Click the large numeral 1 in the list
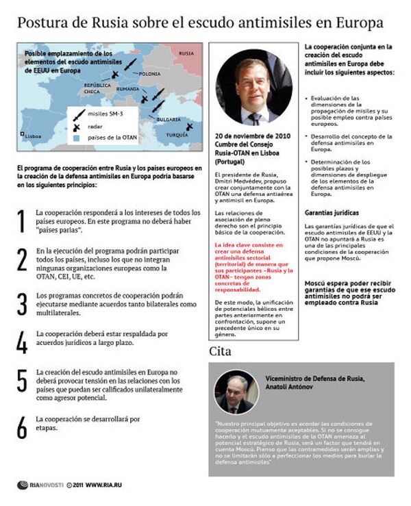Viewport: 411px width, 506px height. coord(22,220)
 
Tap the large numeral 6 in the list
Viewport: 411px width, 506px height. coord(22,425)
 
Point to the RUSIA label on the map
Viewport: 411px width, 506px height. coord(186,53)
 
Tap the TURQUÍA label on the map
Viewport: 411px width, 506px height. coord(177,134)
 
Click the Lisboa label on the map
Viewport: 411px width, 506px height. coord(33,136)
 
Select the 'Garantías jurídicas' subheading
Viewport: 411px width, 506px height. coord(333,212)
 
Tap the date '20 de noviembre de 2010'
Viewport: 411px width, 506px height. coord(253,136)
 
